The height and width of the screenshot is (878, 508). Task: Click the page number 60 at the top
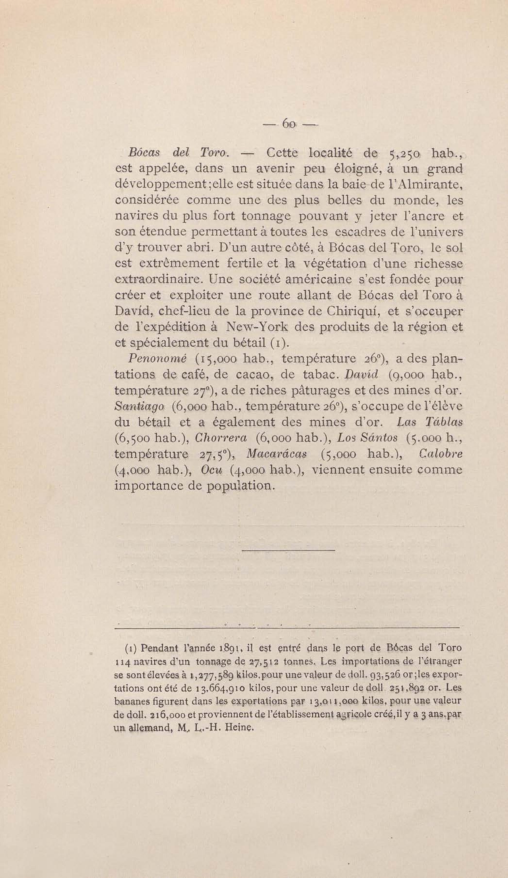pyautogui.click(x=289, y=124)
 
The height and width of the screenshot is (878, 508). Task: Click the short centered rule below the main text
pyautogui.click(x=288, y=550)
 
